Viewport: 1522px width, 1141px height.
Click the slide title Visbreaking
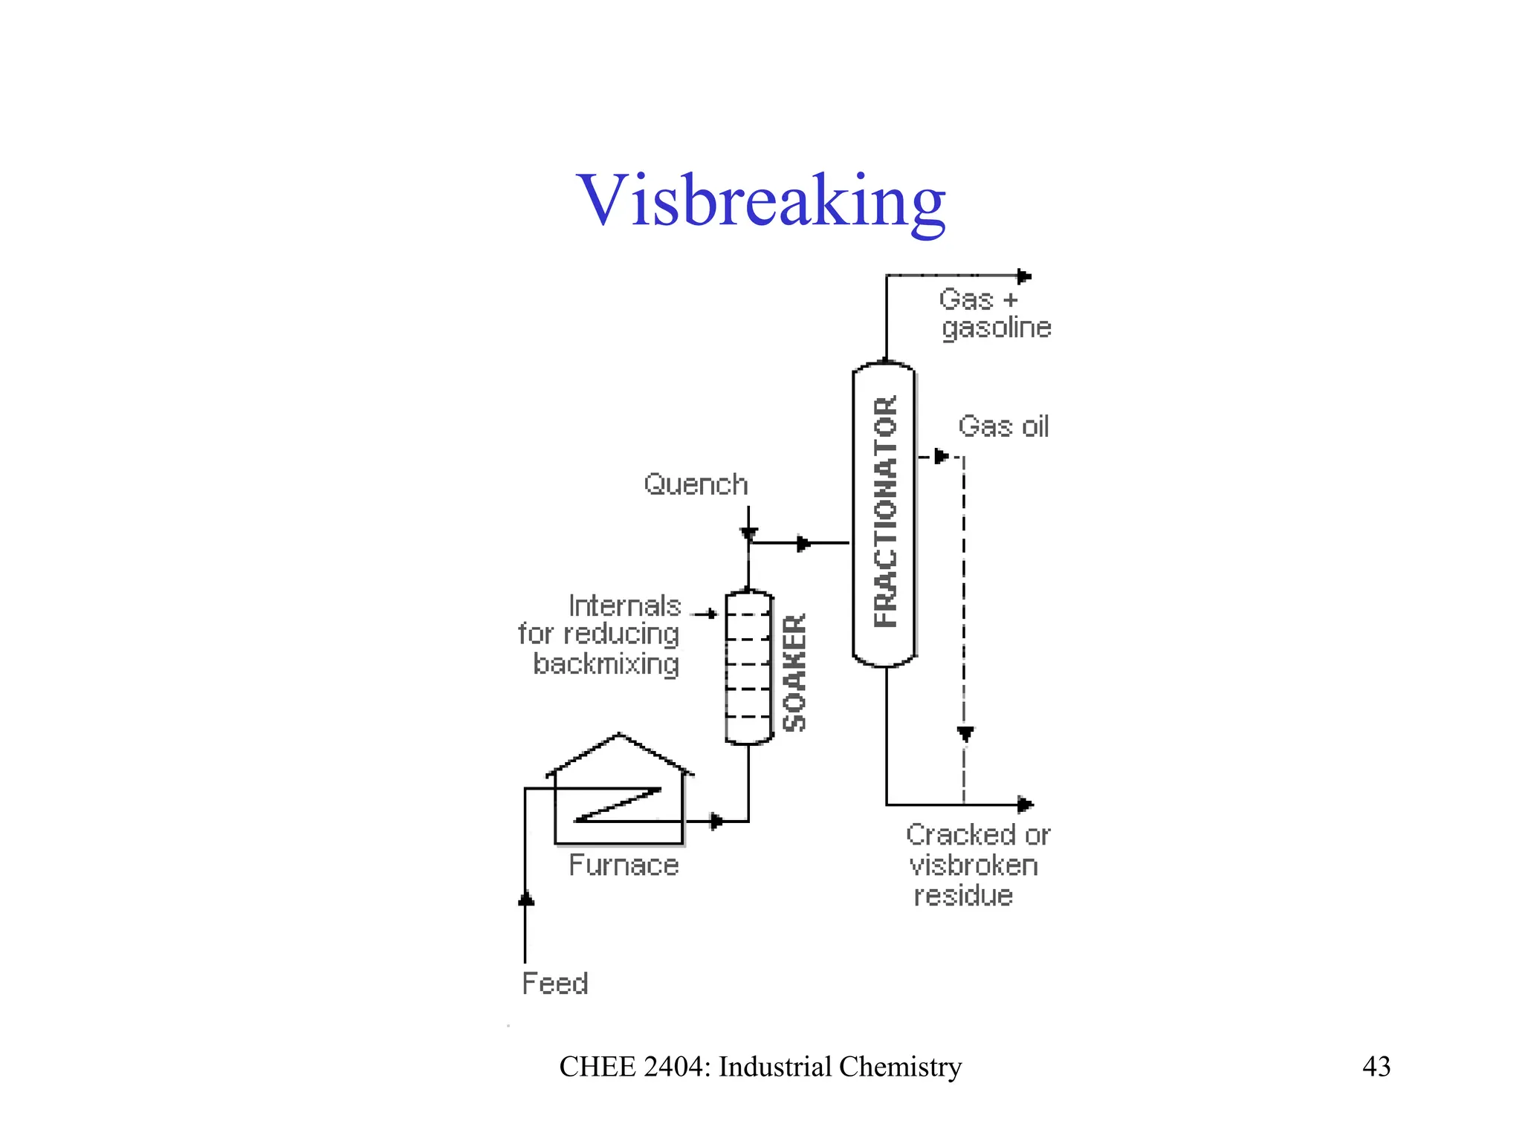[760, 201]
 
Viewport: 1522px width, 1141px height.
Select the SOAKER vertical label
[794, 672]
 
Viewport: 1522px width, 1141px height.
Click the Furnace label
[624, 865]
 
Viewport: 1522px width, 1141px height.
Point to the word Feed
[555, 984]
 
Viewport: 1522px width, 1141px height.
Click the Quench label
[696, 484]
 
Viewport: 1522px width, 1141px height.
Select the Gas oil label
[1003, 426]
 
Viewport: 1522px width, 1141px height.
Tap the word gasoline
[997, 328]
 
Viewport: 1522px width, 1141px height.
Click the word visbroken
[973, 865]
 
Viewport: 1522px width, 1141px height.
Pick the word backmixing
[606, 663]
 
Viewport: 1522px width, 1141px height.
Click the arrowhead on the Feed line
[526, 899]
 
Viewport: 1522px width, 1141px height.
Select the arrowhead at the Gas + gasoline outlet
[1024, 276]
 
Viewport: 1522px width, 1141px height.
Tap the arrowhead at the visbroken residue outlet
[1025, 804]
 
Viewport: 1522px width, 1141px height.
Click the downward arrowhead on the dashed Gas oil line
[965, 734]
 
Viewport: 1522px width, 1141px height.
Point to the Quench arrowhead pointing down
[748, 533]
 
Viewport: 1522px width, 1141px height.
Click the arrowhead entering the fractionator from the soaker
[803, 544]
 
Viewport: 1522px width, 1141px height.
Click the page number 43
[1376, 1067]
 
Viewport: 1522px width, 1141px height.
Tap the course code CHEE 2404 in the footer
[635, 1067]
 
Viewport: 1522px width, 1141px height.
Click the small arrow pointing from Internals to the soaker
[710, 614]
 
